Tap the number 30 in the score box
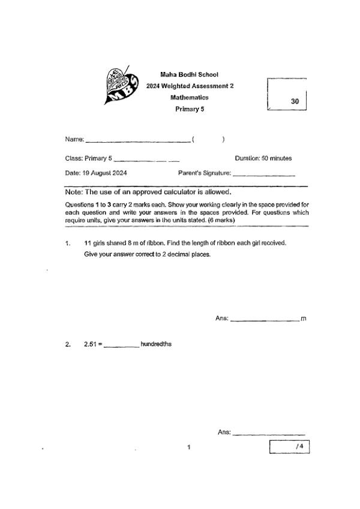pyautogui.click(x=295, y=102)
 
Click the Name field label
pyautogui.click(x=74, y=140)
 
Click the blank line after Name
pyautogui.click(x=138, y=141)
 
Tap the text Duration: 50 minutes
pyautogui.click(x=263, y=158)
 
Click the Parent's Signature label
pyautogui.click(x=205, y=173)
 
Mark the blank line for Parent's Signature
pyautogui.click(x=263, y=175)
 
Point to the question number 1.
pyautogui.click(x=68, y=243)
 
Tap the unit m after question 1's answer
pyautogui.click(x=303, y=318)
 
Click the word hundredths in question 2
pyautogui.click(x=156, y=344)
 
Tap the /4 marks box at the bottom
pyautogui.click(x=290, y=447)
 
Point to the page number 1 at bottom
pyautogui.click(x=188, y=447)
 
